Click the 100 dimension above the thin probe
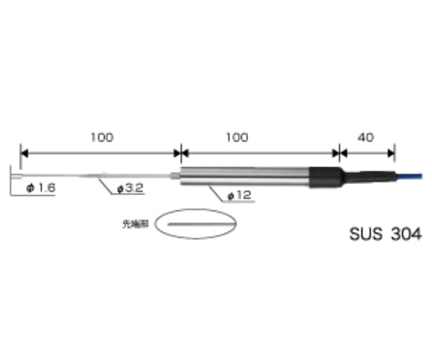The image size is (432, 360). click(x=102, y=137)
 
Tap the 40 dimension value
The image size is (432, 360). click(x=366, y=137)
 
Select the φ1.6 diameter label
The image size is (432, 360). click(x=40, y=188)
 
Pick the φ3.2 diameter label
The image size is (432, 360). click(x=130, y=189)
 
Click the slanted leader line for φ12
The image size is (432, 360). click(x=212, y=190)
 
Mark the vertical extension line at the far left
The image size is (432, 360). click(x=20, y=160)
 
